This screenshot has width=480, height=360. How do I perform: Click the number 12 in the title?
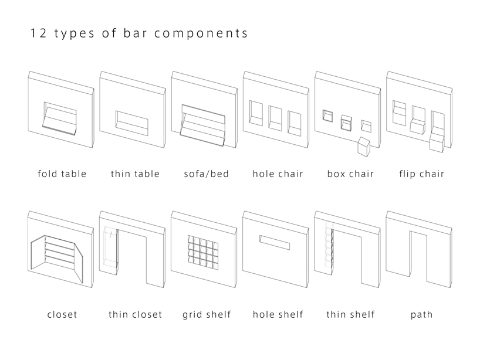pyautogui.click(x=37, y=33)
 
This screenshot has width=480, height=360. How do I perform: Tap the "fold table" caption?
pyautogui.click(x=62, y=174)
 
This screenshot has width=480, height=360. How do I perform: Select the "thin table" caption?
pyautogui.click(x=135, y=174)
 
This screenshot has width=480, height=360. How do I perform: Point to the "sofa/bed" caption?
pyautogui.click(x=206, y=174)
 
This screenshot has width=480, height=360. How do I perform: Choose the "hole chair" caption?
pyautogui.click(x=278, y=174)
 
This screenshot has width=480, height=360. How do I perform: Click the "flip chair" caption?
pyautogui.click(x=421, y=174)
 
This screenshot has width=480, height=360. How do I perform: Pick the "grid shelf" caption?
pyautogui.click(x=206, y=314)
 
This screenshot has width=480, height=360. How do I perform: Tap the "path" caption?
pyautogui.click(x=421, y=314)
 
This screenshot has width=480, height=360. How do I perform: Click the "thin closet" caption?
pyautogui.click(x=135, y=314)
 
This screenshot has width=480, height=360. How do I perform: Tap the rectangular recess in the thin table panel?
pyautogui.click(x=133, y=121)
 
